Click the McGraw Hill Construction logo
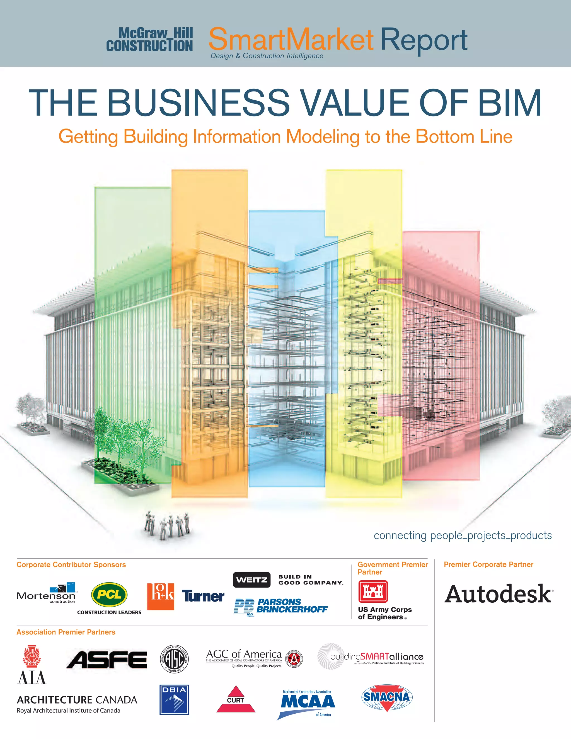tap(149, 40)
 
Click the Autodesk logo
tap(499, 595)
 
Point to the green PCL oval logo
tap(109, 595)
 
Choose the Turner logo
tap(203, 596)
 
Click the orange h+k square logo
tap(161, 596)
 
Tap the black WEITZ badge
tap(252, 580)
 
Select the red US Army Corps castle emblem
tap(373, 591)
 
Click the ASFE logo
tap(107, 660)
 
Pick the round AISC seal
tap(174, 659)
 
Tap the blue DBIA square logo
tap(174, 700)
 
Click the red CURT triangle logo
tap(236, 700)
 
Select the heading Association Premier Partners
tap(66, 632)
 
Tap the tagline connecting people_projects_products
tap(463, 535)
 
